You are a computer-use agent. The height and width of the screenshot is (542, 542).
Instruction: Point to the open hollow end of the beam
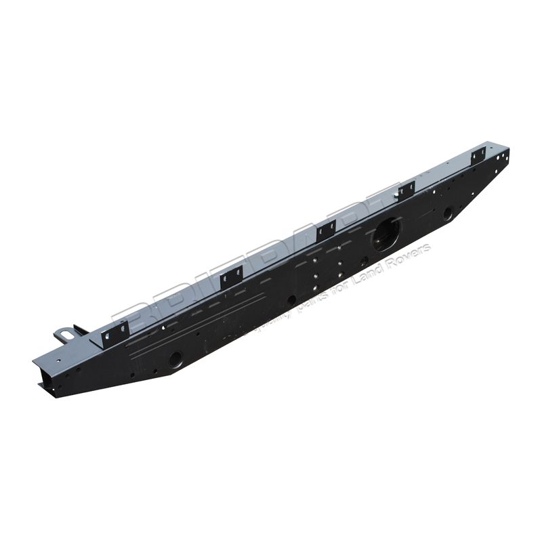[x=42, y=376]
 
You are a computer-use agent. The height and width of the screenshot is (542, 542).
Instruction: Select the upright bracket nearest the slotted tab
[x=115, y=332]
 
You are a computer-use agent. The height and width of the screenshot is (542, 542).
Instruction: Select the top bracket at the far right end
[x=478, y=154]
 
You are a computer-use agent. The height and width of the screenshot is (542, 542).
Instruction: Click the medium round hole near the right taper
[x=448, y=214]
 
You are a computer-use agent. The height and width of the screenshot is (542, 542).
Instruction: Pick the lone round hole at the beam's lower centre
[x=291, y=299]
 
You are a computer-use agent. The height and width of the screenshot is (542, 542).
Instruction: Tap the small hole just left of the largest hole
[x=364, y=261]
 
